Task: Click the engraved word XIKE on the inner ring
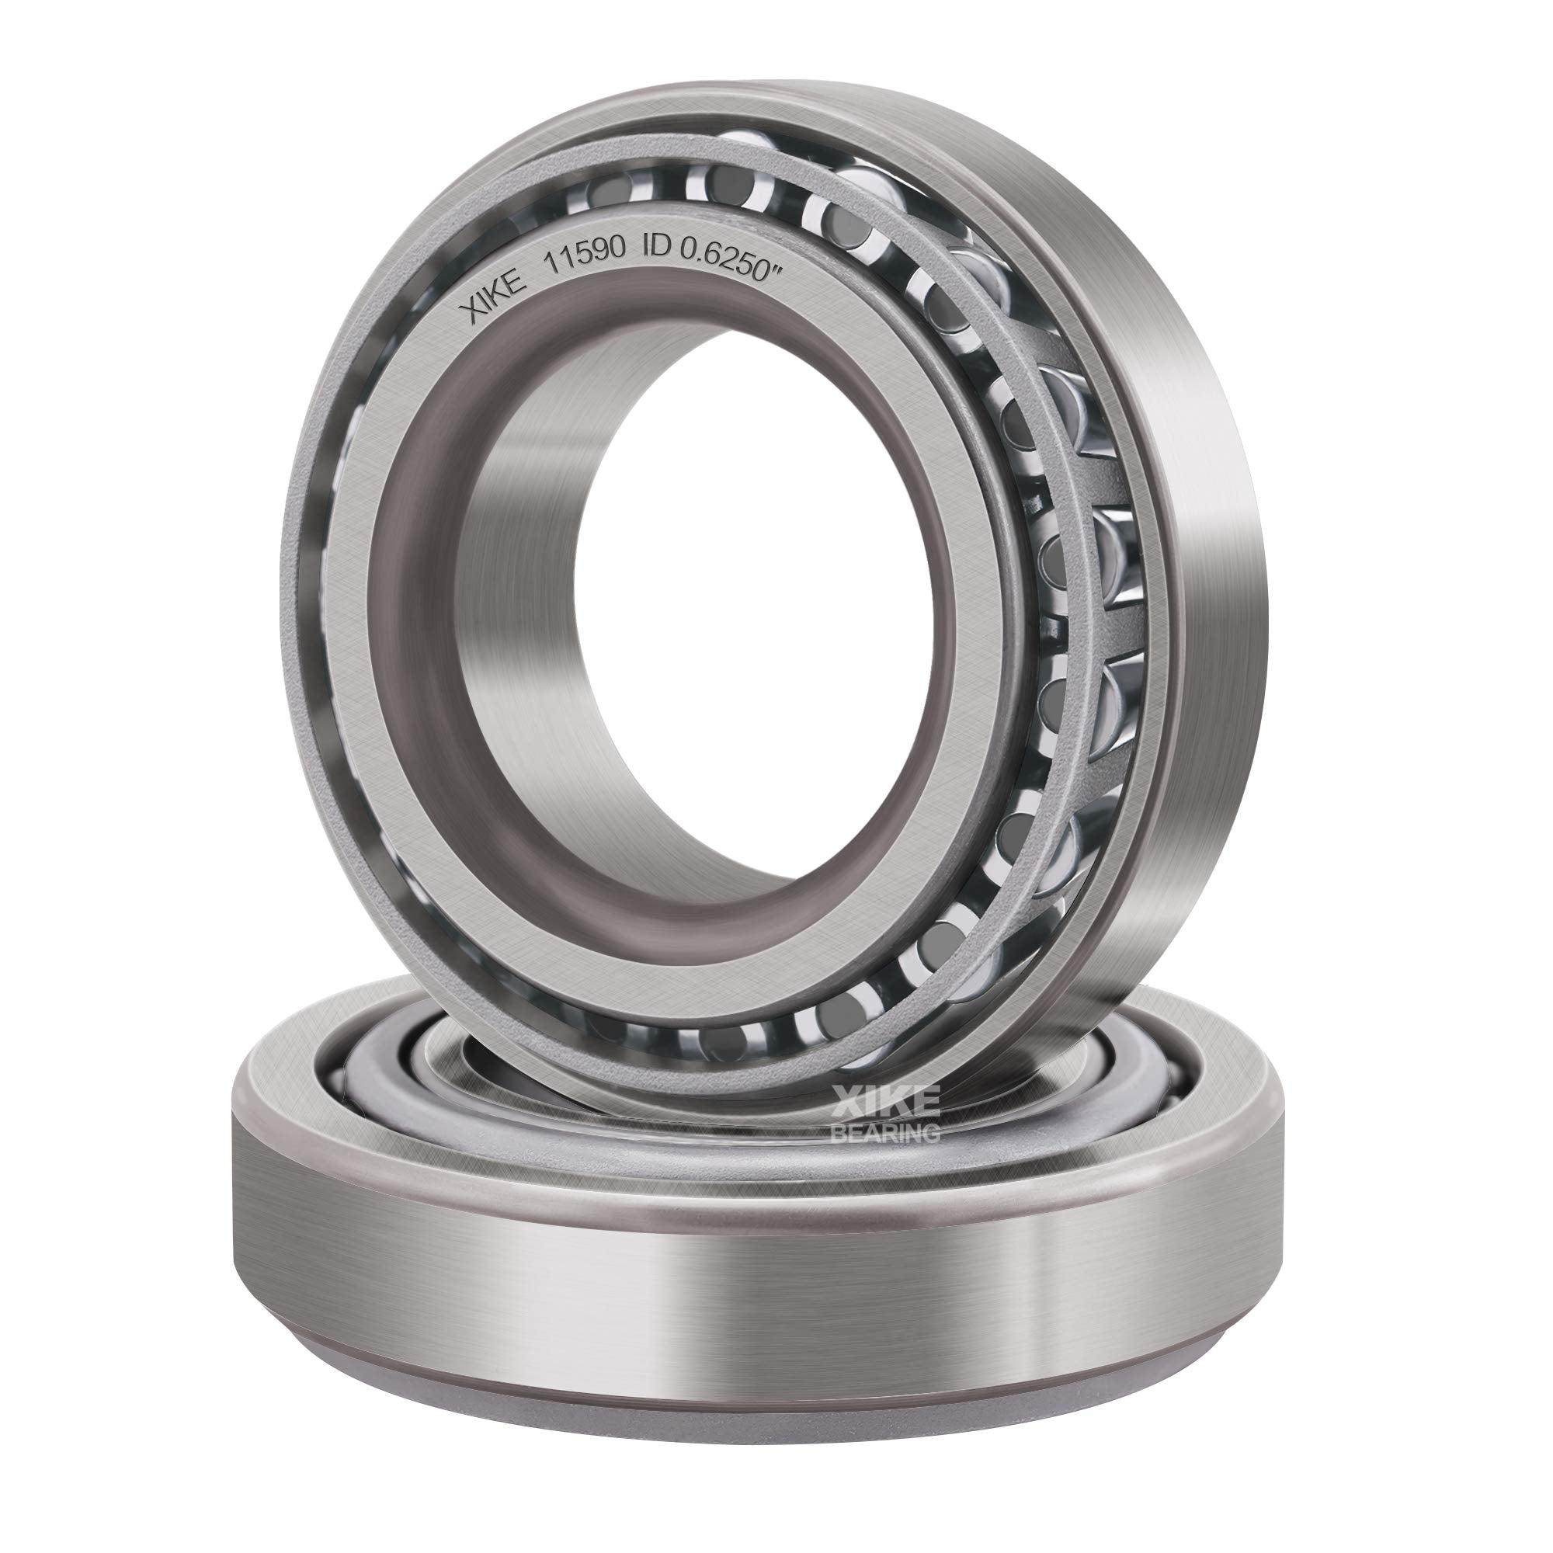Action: [x=493, y=295]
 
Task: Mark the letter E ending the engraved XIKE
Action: [x=516, y=281]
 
